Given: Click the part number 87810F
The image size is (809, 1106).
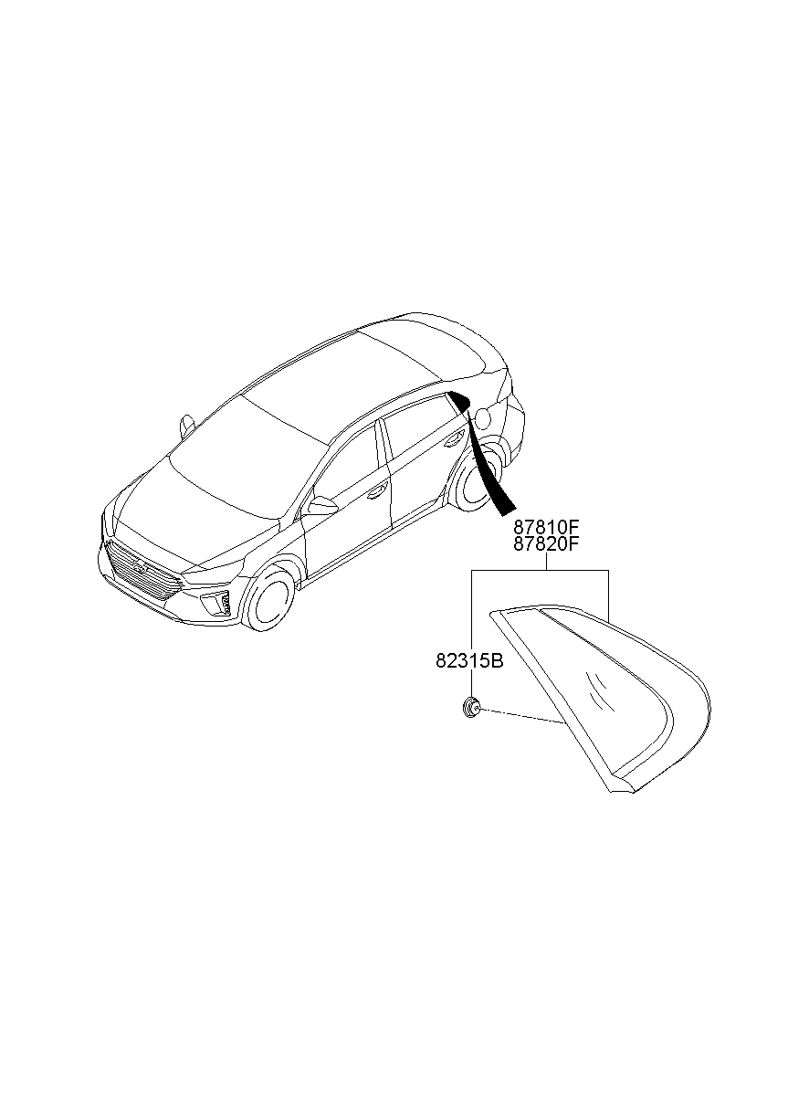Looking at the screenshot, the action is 546,526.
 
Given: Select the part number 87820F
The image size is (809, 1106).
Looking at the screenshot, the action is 546,543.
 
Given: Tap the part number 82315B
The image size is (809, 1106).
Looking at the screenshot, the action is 469,661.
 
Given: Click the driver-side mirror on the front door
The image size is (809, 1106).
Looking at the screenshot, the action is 321,506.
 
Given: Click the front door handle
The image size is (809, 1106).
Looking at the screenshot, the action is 378,490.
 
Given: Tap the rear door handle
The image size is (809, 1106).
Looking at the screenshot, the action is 454,438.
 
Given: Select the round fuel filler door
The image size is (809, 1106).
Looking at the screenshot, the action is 482,416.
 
